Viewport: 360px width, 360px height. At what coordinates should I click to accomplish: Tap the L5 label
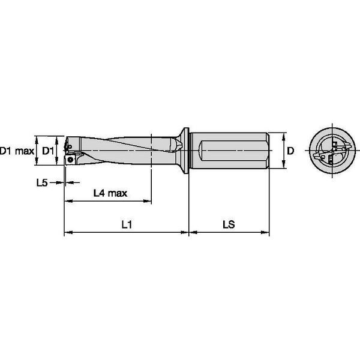coord(41,182)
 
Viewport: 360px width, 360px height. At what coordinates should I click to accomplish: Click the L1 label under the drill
coord(127,224)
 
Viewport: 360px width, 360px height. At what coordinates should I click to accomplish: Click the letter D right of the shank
coord(290,151)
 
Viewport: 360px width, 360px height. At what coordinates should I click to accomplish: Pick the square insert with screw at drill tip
coord(70,160)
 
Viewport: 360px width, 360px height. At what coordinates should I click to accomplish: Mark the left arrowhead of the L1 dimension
coord(67,232)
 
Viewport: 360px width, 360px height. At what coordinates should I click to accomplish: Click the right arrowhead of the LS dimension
coord(265,232)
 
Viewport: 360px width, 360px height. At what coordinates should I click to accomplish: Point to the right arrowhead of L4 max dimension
coord(148,200)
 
